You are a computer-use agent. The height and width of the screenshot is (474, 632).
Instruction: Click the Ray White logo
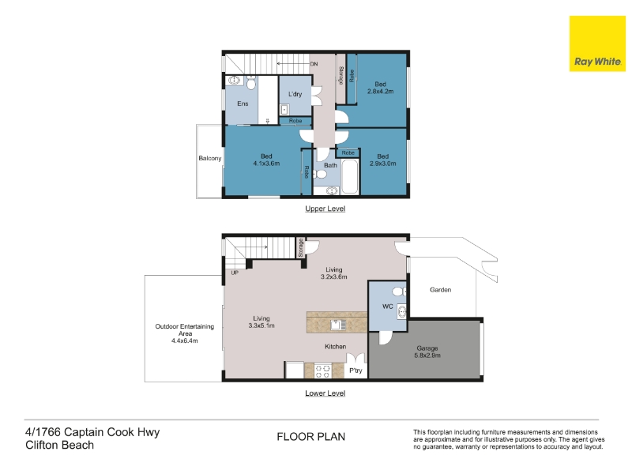coord(597,44)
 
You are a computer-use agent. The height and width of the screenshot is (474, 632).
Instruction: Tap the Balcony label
coord(210,159)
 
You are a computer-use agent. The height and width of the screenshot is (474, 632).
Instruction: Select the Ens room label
coord(243,103)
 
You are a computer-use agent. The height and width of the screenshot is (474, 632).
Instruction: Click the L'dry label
coord(295,94)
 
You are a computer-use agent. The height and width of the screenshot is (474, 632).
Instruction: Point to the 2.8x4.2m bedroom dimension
coord(381,92)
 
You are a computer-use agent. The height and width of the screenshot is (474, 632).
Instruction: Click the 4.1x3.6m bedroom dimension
coord(266,164)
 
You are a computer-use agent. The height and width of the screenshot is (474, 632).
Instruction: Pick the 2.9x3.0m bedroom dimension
coord(383,164)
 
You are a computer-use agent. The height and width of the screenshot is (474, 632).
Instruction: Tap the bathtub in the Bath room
coord(349,177)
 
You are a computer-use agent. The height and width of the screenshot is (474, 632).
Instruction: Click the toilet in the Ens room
coord(251,84)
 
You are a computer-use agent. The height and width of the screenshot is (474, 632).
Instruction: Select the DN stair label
coord(314,64)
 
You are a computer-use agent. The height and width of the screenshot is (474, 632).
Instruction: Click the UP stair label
coord(235,273)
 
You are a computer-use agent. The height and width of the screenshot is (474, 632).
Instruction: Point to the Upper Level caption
coord(325,209)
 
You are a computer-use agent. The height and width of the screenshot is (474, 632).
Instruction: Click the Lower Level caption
coord(325,393)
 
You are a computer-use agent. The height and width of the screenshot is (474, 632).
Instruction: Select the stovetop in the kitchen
coord(323,371)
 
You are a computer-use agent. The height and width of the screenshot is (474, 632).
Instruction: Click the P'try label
coord(356,371)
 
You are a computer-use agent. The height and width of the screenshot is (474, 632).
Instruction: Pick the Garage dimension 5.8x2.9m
coord(427,355)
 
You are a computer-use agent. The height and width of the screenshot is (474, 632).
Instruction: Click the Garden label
coord(441,290)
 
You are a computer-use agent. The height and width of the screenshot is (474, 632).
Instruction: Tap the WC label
coord(388,307)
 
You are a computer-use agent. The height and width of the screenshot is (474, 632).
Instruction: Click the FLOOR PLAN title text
coord(311,437)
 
